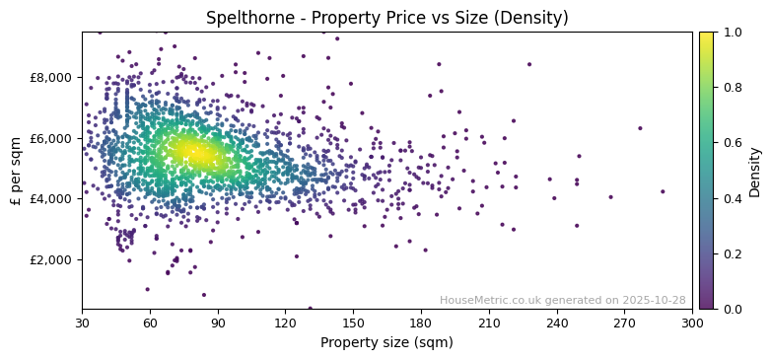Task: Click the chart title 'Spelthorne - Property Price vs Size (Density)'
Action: (386, 18)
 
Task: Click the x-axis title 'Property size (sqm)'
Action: (386, 343)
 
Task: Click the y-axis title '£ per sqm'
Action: (16, 171)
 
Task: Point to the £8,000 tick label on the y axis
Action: (51, 77)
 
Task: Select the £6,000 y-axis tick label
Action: (51, 138)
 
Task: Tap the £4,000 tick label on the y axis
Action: (51, 198)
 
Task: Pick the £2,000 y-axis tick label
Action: (51, 259)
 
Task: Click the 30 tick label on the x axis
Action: (82, 323)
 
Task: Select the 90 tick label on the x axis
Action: (218, 323)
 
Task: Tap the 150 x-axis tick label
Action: (353, 323)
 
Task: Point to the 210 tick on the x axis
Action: (489, 323)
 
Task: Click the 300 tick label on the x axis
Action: (692, 323)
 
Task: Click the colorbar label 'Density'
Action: (755, 171)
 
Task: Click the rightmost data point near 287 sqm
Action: (663, 191)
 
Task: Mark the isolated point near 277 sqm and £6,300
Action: (640, 128)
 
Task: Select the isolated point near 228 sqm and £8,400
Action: (529, 64)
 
